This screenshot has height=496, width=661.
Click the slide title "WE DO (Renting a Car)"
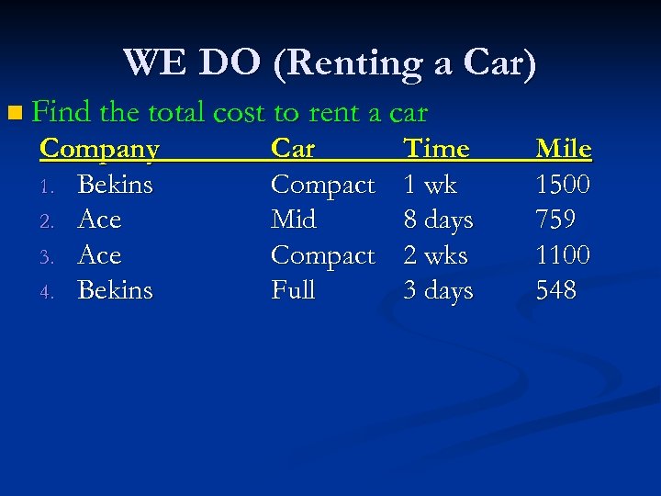330,62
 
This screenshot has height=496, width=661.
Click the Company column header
100,148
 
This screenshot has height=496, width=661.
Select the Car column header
293,148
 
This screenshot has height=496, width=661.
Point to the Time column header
437,148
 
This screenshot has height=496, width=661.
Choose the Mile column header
564,148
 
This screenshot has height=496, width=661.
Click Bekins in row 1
116,185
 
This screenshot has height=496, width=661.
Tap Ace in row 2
100,220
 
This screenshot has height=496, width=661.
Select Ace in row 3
100,254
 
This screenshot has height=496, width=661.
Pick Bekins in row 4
116,290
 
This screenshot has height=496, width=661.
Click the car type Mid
293,220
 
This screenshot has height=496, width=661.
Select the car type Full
293,290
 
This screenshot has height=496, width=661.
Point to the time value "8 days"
439,220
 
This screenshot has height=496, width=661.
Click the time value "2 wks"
436,254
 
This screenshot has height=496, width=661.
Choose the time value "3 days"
439,291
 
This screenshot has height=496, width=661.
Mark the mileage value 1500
563,185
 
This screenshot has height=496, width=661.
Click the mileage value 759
555,220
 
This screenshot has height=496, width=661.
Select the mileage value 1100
563,254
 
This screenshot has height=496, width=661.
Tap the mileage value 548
556,290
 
